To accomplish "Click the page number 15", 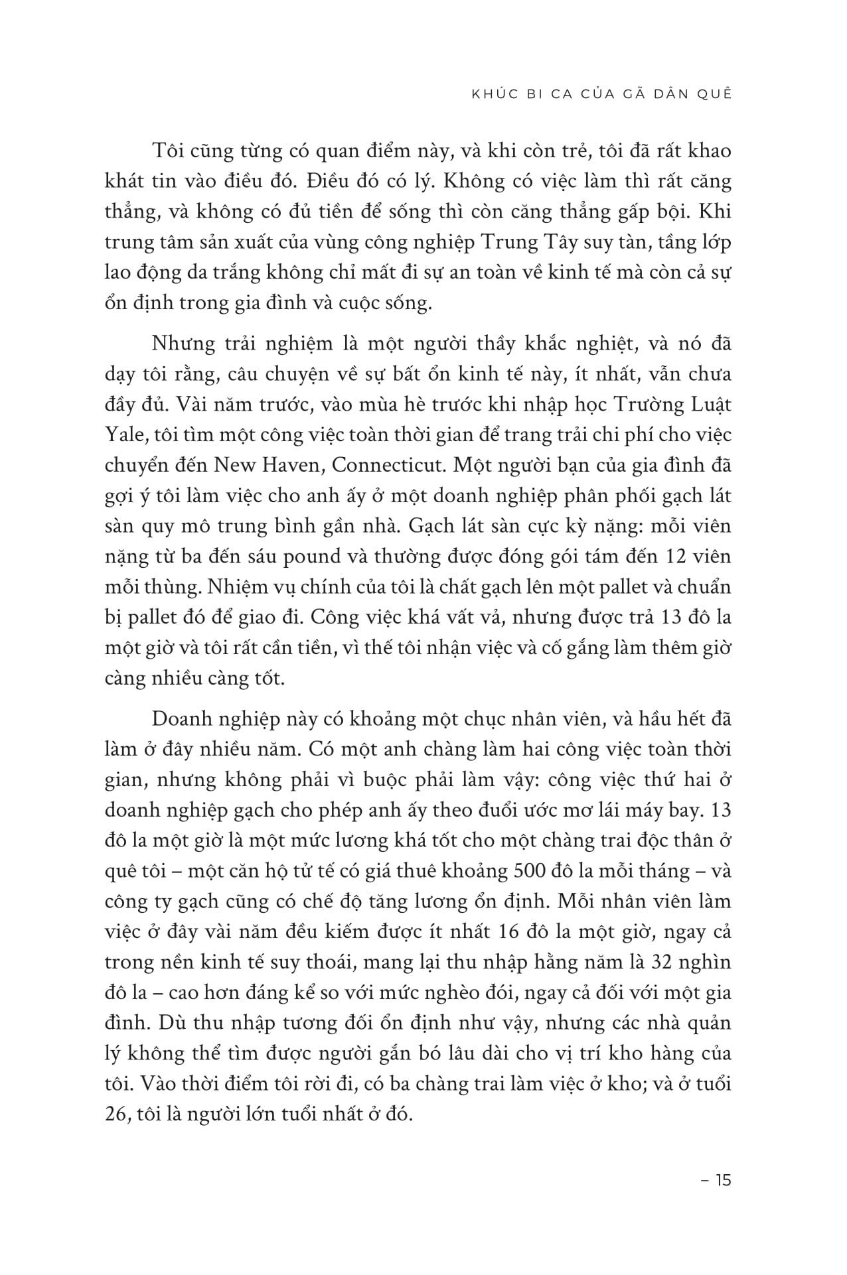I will click(724, 1180).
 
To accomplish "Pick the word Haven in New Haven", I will click(289, 465).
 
